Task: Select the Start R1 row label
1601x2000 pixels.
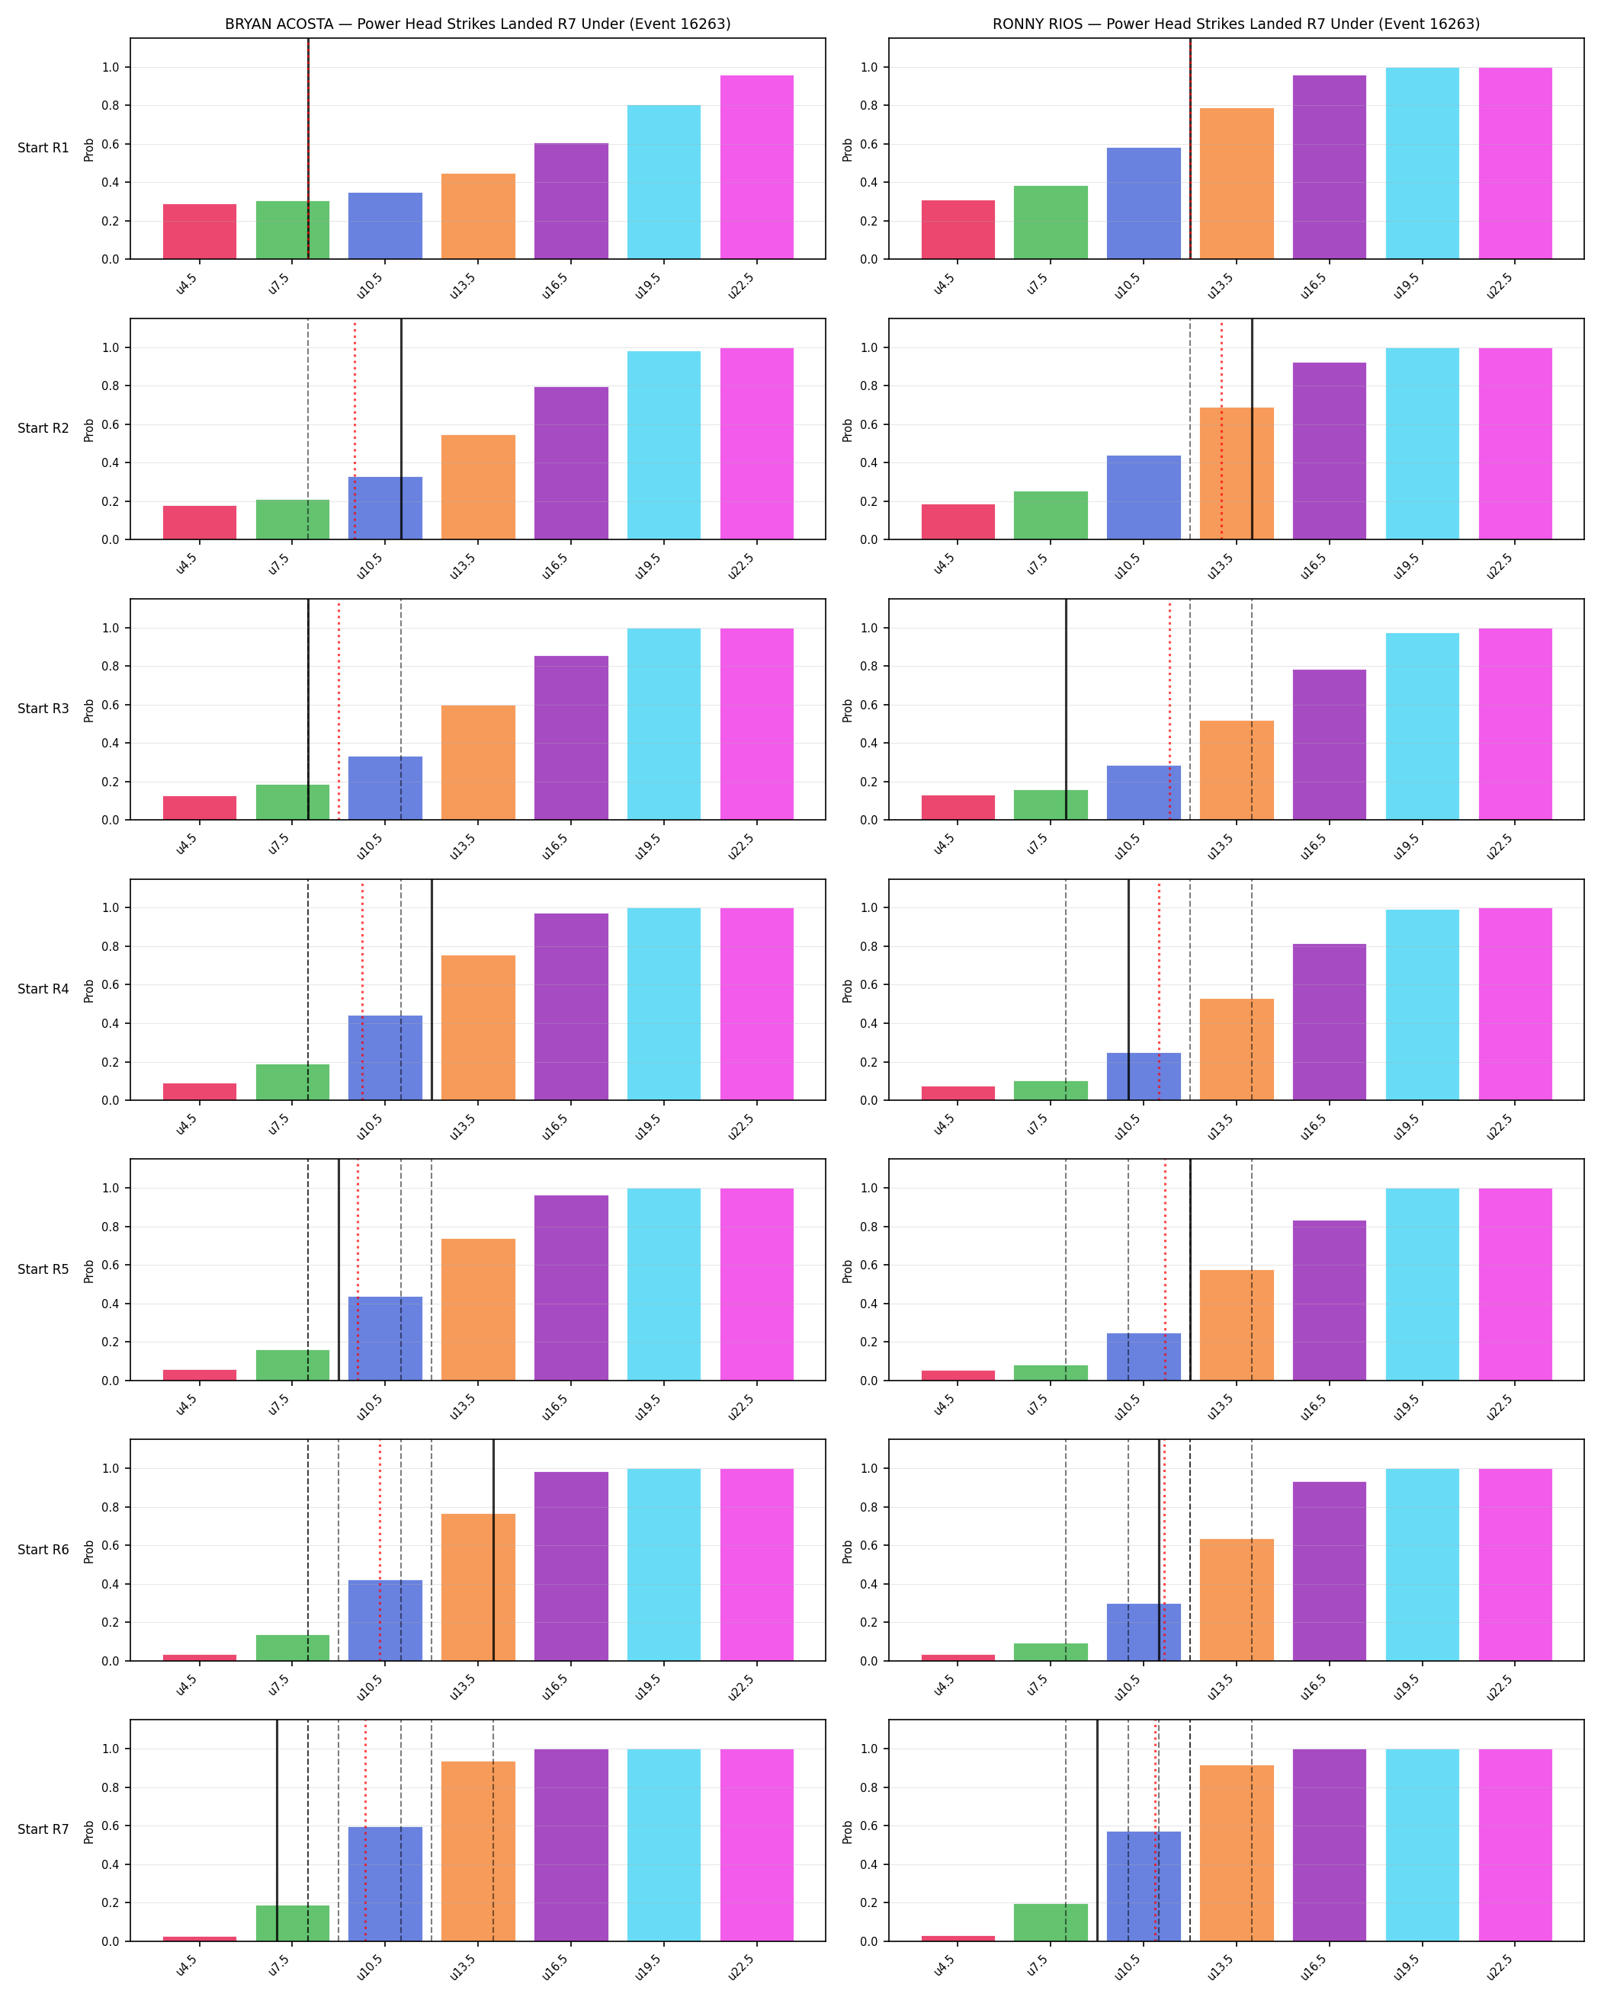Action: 43,149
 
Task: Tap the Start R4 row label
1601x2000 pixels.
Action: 43,989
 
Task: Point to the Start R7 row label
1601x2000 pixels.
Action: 43,1829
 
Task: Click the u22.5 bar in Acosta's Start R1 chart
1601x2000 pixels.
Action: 756,167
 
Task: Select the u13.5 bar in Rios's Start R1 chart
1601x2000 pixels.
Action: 1237,184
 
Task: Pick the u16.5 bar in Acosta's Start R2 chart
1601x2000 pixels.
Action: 571,463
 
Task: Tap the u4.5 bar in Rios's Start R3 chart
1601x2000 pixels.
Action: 958,807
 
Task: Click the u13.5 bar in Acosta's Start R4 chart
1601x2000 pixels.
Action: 478,1028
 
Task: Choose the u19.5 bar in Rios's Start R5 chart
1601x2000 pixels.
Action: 1422,1284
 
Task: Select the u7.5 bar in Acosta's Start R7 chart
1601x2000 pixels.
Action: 292,1923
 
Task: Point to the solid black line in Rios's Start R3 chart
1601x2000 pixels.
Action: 1066,709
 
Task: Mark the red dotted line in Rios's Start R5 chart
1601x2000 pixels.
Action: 1165,1270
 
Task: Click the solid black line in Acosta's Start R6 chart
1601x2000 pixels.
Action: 492,1550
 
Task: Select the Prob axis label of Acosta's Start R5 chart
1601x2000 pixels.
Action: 89,1270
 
